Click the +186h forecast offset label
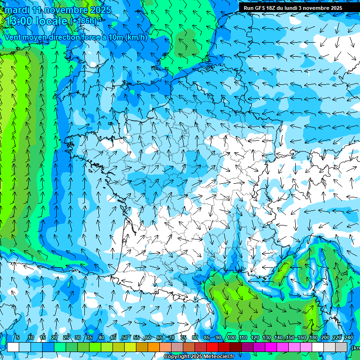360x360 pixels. coord(84,21)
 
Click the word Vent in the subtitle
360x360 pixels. coord(13,37)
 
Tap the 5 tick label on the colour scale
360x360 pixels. coord(17,338)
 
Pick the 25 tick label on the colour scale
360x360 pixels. coord(66,338)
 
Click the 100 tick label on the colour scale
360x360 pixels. coord(232,338)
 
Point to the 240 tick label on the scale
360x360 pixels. coord(349,338)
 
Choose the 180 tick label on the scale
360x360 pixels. coord(313,338)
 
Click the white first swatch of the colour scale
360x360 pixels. coord(13,347)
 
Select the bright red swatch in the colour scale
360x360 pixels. coord(212,347)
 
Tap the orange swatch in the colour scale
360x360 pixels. coord(154,347)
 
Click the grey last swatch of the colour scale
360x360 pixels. coord(342,347)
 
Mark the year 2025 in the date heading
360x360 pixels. coord(101,10)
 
